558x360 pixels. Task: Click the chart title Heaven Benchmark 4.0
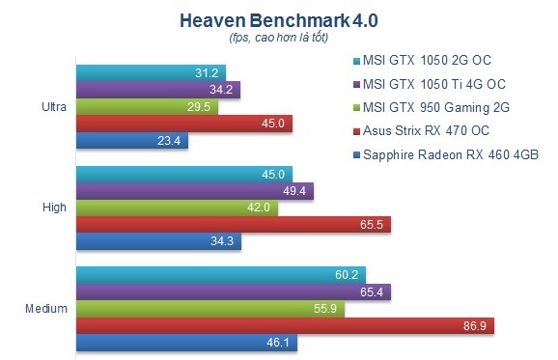[279, 19]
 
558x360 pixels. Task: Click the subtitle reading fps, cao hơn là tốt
[279, 38]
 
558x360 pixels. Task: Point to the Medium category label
[46, 308]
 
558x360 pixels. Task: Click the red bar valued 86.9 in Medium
[285, 325]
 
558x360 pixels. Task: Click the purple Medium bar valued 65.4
[233, 291]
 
